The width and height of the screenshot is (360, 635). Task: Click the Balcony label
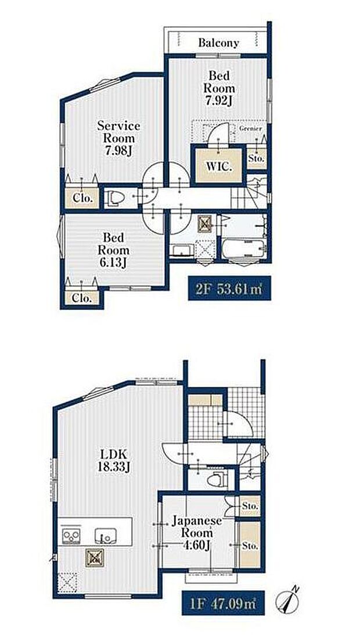point(218,42)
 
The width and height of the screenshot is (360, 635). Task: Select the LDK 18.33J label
point(117,460)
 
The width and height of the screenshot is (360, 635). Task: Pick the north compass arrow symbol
point(289,598)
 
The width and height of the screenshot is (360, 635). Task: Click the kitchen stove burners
point(71,534)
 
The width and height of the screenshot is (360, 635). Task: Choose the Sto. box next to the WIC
point(256,157)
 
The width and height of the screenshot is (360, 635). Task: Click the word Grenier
point(250,128)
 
